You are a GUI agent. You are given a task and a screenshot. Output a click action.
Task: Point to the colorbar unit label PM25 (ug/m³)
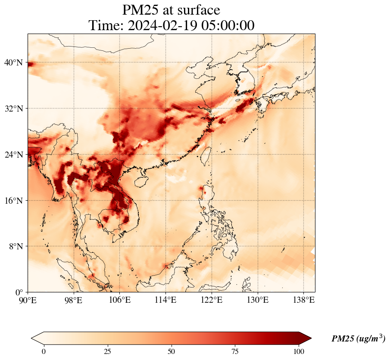(358, 339)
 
